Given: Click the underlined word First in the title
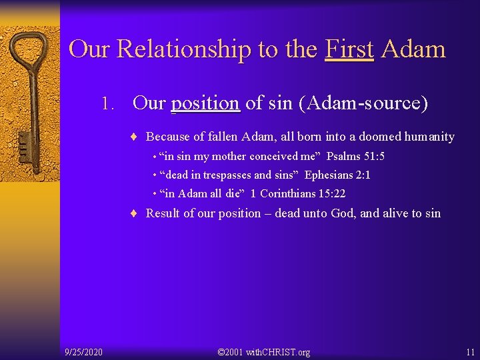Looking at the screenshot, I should (x=349, y=49).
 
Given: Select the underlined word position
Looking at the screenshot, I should (x=205, y=103).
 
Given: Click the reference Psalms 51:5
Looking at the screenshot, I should (x=355, y=157).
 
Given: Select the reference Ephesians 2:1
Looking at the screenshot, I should (x=337, y=175).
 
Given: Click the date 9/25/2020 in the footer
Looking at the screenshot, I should (x=83, y=351).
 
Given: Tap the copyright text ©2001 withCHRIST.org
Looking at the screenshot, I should (x=264, y=351).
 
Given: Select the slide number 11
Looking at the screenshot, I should (x=471, y=351).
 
